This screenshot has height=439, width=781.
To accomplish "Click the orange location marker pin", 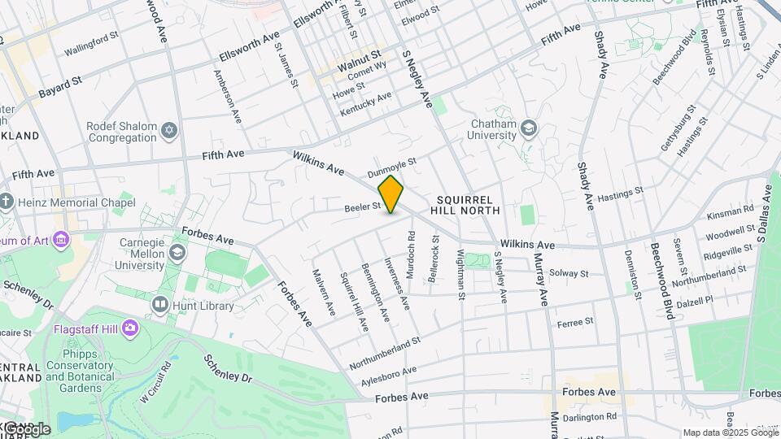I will pos(390,194).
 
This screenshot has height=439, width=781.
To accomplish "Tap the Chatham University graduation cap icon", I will pos(530,128).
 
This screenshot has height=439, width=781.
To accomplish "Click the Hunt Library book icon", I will pos(160,306).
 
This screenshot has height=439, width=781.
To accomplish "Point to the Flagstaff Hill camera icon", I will pos(130,329).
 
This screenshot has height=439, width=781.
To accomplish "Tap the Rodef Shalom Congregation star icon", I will pos(170,131).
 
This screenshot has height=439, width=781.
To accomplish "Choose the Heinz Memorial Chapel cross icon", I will pos(7,201).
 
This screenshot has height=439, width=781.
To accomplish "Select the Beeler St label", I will pos(363,207).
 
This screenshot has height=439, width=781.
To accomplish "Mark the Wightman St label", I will pos(461,276).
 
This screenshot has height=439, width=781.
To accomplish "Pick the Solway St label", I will pos(568,272).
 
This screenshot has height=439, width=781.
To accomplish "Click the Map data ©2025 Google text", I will pos(731,432).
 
